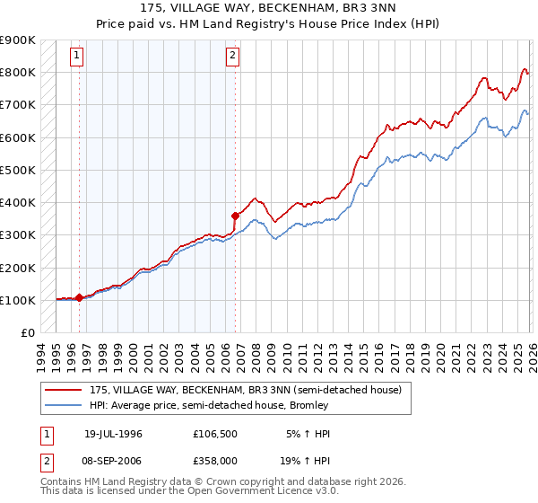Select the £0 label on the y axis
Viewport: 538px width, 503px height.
coord(27,332)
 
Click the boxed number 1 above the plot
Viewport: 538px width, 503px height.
coord(76,56)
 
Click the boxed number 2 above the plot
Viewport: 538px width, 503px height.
coord(232,56)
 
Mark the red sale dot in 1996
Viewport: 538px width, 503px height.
coord(79,297)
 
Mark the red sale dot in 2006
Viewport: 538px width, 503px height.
coord(235,216)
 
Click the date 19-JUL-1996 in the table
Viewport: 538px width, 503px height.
coord(113,433)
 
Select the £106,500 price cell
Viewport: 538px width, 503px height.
coord(214,433)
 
